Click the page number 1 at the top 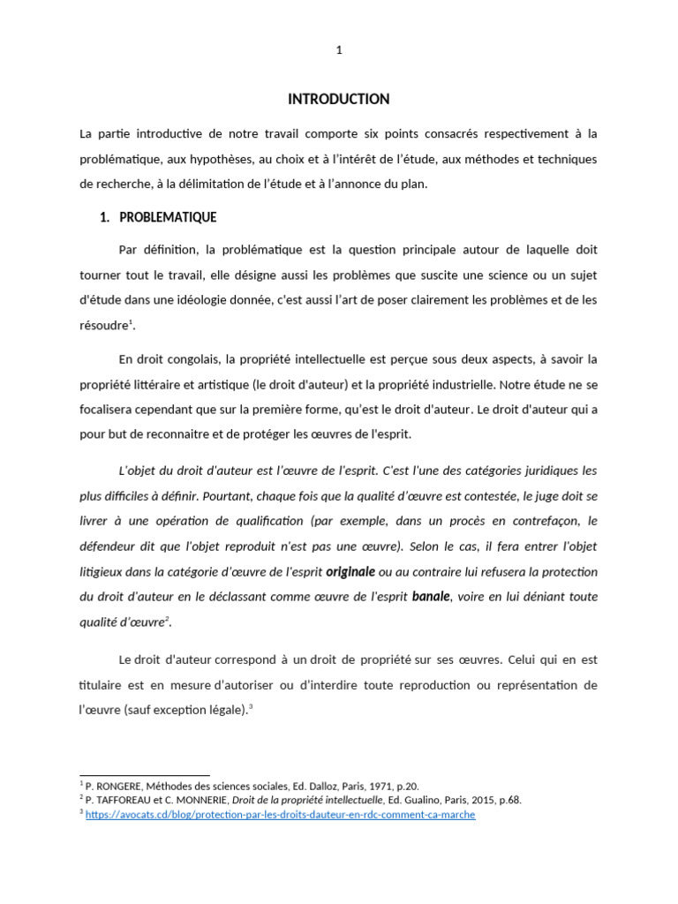tap(339, 50)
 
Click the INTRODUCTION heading tap(338, 99)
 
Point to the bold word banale tap(431, 596)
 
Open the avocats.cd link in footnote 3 tap(280, 814)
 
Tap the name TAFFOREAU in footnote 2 tap(126, 800)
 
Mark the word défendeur tap(108, 546)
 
